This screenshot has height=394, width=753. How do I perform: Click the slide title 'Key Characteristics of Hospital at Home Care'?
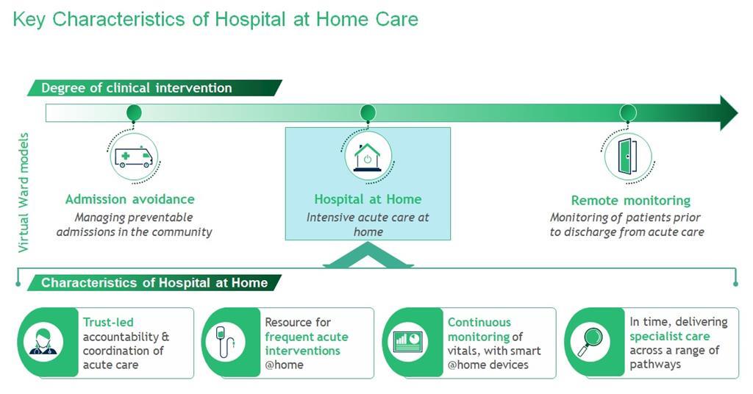215,19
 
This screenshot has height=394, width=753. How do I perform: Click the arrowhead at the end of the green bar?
727,112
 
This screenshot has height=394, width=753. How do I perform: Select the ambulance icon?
134,157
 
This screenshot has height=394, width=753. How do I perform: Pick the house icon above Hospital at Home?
368,157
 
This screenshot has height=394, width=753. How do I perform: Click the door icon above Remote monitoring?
628,157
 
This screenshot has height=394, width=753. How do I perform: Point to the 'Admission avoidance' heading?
130,199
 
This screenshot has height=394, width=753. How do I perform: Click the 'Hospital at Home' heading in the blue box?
368,199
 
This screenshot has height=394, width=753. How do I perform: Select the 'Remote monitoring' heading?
630,201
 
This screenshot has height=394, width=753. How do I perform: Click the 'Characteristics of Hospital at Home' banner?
154,283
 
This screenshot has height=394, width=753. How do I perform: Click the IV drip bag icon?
225,343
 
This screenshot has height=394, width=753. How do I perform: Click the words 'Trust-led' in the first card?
108,323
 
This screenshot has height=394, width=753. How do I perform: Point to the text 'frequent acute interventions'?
306,344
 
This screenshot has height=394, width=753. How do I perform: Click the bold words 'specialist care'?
669,337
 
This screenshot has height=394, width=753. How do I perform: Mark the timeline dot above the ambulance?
134,113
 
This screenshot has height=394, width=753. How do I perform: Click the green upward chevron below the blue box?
368,257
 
